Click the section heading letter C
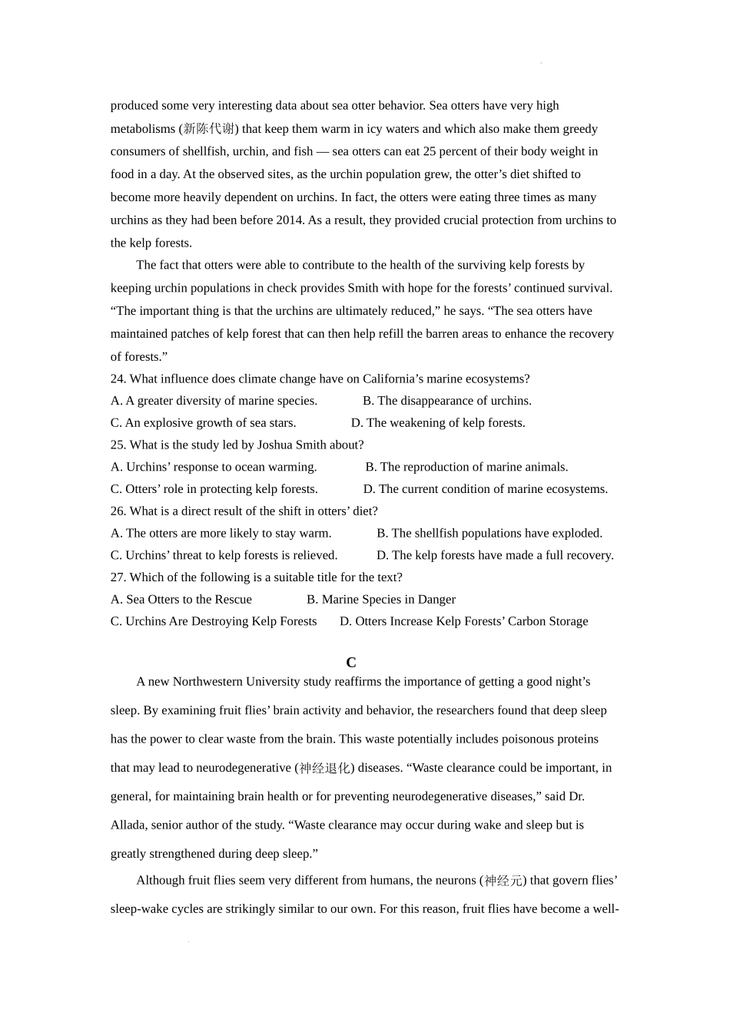point(350,663)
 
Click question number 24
point(118,379)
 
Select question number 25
point(118,445)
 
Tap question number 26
point(118,511)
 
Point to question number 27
point(118,577)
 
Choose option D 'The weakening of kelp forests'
point(438,422)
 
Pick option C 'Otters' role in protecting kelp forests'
point(214,488)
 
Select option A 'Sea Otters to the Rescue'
point(181,599)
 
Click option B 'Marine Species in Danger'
point(380,599)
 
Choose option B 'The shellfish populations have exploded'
point(489,533)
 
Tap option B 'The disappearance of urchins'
point(446,400)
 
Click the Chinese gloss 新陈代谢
point(209,129)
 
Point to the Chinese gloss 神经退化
point(324,768)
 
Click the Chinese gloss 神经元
point(504,881)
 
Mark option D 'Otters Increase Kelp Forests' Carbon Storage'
point(463,621)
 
